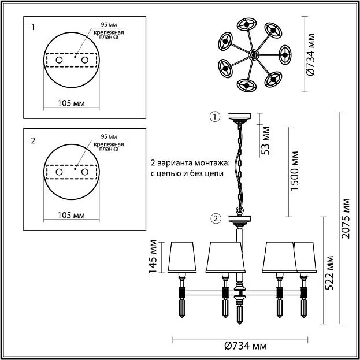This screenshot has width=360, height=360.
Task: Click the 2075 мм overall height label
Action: click(346, 218)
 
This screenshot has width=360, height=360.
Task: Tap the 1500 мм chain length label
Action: click(295, 171)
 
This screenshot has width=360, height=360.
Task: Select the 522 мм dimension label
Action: click(329, 273)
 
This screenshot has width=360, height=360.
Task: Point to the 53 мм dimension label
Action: click(265, 140)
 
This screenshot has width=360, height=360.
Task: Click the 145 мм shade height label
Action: click(153, 257)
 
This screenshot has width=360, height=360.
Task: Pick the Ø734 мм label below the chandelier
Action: click(246, 346)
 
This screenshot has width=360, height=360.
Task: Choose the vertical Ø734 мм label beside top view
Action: click(311, 55)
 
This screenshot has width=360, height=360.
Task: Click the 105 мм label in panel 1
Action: click(71, 103)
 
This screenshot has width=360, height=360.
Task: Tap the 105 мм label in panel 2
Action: click(71, 216)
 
